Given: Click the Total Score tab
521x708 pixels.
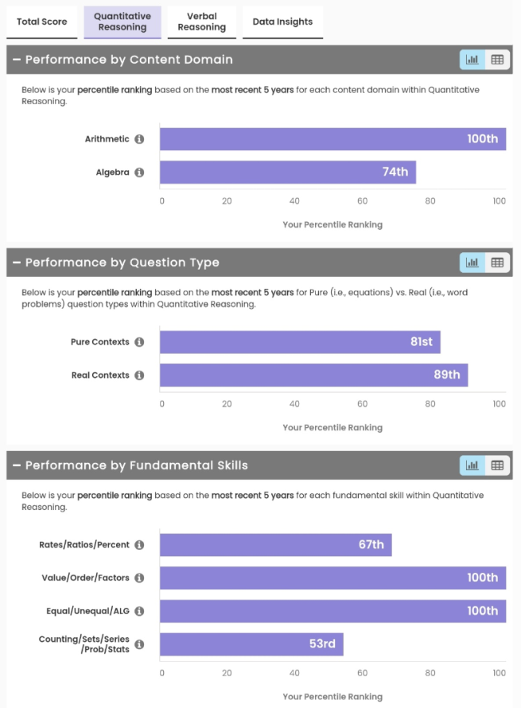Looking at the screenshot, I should pos(42,21).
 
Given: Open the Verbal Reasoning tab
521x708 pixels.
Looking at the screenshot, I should pos(202,21).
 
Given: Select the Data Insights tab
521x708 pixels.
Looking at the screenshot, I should pos(282,21).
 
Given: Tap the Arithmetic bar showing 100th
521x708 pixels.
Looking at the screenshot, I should pos(332,139).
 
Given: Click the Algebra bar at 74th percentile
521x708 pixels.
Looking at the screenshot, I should pos(287,172).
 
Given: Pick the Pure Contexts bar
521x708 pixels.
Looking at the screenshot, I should pos(300,342).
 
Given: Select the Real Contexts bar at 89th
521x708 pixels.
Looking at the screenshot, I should pos(313,375).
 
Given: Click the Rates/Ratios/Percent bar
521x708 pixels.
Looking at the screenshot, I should pos(275,545).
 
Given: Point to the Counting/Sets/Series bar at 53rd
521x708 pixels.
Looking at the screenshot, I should pos(251,644).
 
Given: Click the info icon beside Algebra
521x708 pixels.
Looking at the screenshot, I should pos(139,172).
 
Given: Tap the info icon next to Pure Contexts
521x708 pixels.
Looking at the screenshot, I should pos(139,342).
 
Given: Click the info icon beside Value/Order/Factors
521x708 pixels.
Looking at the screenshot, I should pos(139,578).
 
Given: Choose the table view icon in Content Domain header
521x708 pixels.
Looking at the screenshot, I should pos(497,60).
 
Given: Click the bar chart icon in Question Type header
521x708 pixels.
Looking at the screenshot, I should pos(472,263).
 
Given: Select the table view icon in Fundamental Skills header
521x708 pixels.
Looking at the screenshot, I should pos(497,465).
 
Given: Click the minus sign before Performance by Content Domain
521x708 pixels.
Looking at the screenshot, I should pos(16,60).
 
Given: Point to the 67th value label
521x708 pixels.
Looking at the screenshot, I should pos(371,545).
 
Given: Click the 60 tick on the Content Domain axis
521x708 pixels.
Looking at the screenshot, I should pos(363,201).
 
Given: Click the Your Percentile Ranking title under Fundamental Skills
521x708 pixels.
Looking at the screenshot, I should pos(332,697).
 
